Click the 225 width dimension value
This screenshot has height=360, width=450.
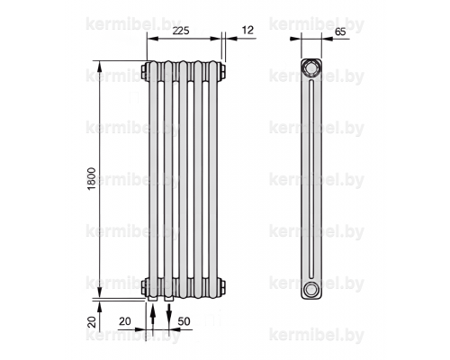(x=181, y=31)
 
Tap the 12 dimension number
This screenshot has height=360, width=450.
(x=247, y=30)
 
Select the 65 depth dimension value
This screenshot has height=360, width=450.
(x=340, y=31)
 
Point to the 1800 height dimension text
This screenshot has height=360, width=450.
(x=92, y=178)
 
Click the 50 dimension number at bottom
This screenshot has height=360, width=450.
(x=184, y=321)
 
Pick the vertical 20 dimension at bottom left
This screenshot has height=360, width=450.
(x=93, y=322)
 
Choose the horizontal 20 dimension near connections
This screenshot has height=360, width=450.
(x=125, y=321)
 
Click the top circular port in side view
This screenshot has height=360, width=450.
(x=311, y=68)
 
